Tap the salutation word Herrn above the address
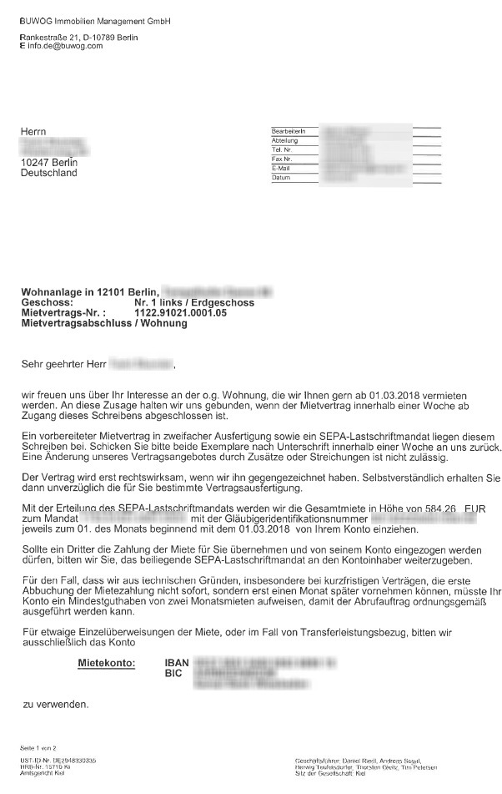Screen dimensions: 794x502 (x=34, y=131)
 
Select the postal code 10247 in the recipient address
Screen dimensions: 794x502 (x=34, y=163)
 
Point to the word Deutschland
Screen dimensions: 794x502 (x=48, y=173)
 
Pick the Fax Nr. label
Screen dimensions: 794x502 (x=282, y=159)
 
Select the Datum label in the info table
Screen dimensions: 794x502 (x=281, y=178)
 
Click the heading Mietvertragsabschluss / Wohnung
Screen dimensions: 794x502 (x=104, y=322)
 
